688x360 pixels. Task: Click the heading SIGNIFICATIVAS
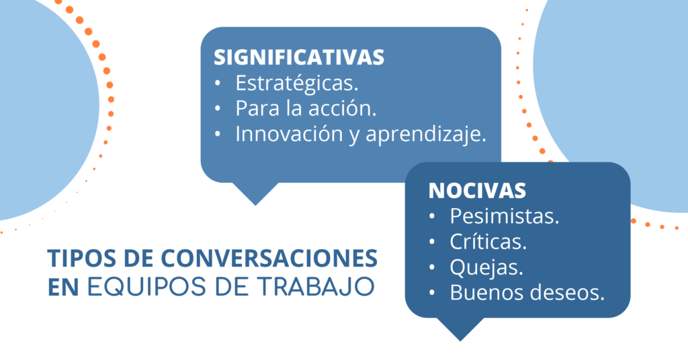click(x=299, y=58)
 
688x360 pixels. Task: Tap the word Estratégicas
click(x=297, y=83)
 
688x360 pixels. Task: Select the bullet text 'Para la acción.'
click(x=306, y=108)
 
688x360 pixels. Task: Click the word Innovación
click(x=289, y=134)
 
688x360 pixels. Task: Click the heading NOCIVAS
click(x=477, y=191)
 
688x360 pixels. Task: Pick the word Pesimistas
click(x=505, y=216)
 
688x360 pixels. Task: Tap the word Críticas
click(x=488, y=242)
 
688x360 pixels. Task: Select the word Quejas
click(x=486, y=268)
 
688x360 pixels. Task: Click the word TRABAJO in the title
click(x=316, y=286)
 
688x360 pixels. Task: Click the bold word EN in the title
click(x=63, y=287)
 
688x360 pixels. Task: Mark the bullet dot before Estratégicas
click(x=218, y=83)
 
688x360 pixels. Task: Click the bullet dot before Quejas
click(x=432, y=267)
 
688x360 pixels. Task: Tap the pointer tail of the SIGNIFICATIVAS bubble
click(x=255, y=193)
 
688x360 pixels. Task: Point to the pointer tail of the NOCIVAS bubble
click(x=460, y=329)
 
